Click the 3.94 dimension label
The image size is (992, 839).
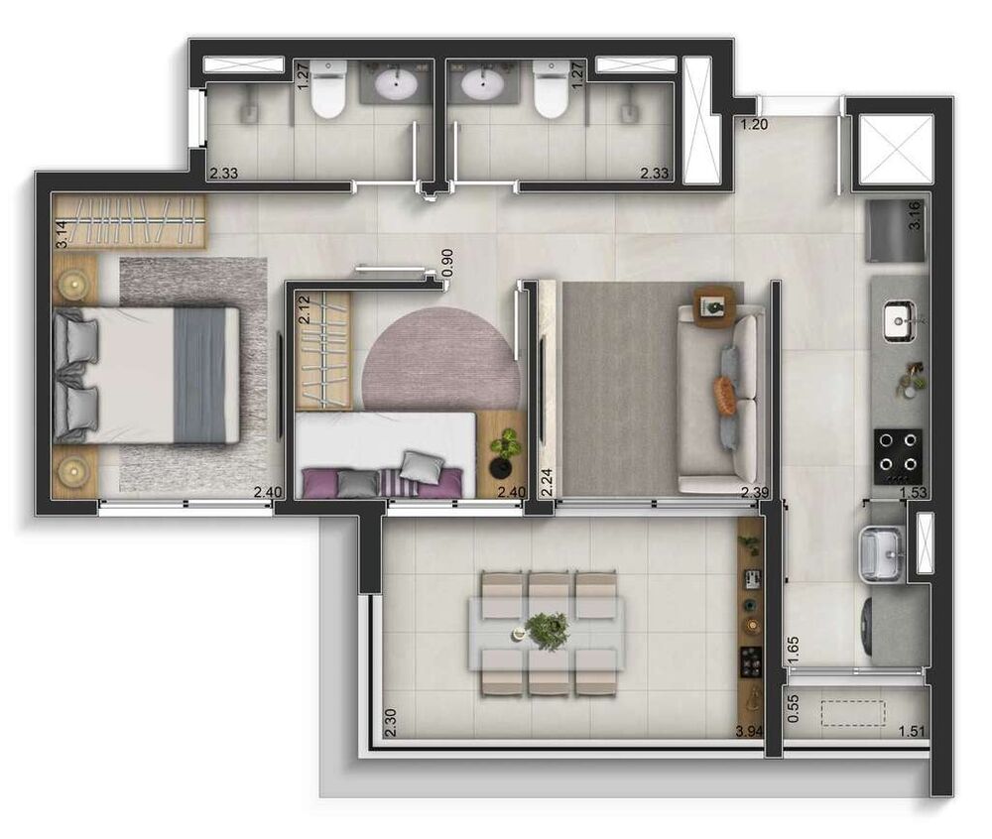coord(748,732)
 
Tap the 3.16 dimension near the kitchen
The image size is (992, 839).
coord(916,215)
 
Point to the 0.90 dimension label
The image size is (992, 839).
coord(447,261)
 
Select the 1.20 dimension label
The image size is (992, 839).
coord(755,125)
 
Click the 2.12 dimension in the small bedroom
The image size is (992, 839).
coord(306,310)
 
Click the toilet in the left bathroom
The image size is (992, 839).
coord(327,91)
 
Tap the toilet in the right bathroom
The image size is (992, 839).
coord(550,91)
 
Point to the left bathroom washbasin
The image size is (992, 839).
coord(395,85)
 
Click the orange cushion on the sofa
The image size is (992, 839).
coord(726,395)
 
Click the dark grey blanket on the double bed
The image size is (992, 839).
coord(200,374)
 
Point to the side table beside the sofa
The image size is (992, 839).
coord(715,306)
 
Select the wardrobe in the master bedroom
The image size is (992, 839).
coord(129,220)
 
